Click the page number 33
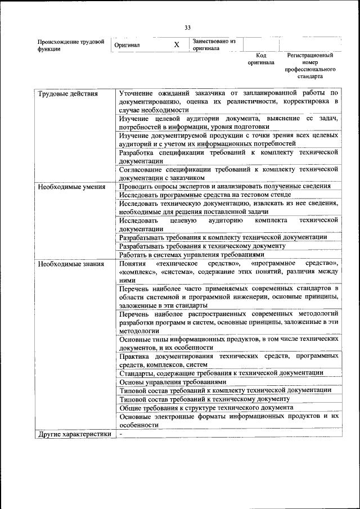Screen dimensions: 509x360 coord(187,27)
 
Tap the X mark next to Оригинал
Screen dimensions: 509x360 coord(177,44)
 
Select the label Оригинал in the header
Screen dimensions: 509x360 coord(127,45)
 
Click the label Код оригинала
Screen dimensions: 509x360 coord(260,59)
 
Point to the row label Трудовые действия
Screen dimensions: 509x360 coord(67,93)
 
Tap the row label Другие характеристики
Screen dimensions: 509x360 coord(74,434)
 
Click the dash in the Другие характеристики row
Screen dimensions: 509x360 coord(121,434)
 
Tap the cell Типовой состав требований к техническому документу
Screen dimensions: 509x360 coord(204,399)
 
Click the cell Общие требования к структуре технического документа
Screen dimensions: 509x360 coord(206,407)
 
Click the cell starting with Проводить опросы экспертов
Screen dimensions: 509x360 coord(224,186)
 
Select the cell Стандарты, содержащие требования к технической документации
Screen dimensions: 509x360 coord(221,372)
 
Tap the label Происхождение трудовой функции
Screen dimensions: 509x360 coord(70,45)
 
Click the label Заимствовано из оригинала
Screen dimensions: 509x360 coord(214,44)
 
